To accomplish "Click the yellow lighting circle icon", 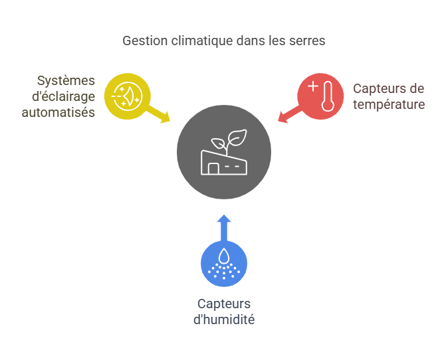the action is coord(128,96).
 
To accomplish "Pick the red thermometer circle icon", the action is coord(320,96).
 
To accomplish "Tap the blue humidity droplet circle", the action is coord(224,263).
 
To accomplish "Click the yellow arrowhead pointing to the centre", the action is coord(166,118).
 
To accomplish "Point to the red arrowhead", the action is coord(282,118).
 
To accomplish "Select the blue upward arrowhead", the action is coord(224,219).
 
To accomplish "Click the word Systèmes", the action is coord(66,81).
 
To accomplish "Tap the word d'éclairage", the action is coord(63,97).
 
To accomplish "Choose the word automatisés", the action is coord(58,112).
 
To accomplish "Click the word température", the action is coord(389,104).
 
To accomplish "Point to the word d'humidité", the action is coord(224,319).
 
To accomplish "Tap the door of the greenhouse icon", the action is coord(213,169).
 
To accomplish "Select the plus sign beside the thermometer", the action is coord(313,86).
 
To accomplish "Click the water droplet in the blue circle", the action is coord(224,256).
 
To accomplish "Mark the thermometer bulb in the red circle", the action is coord(328,105).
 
